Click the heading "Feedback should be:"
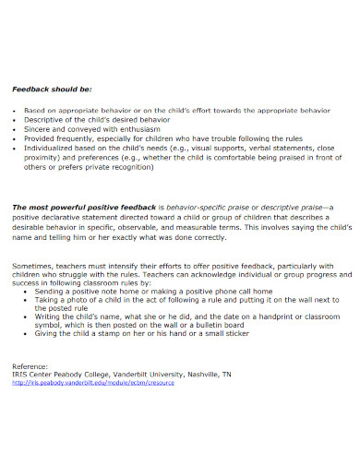(53, 90)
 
